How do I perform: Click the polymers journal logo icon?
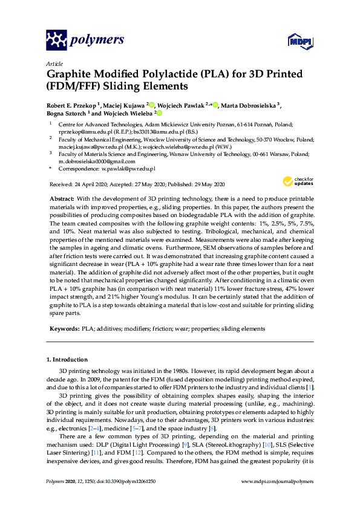(x=56, y=40)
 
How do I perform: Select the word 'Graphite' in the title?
(x=71, y=75)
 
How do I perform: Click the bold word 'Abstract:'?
(x=61, y=199)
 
